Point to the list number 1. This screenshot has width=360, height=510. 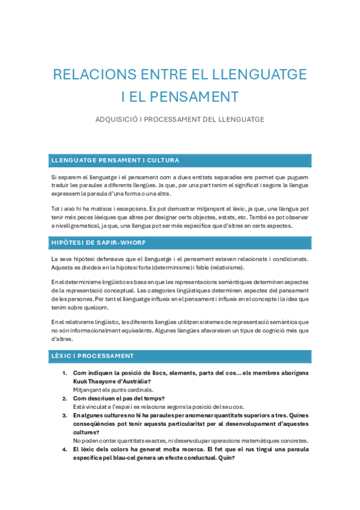click(x=65, y=373)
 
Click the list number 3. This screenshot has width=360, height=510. click(x=65, y=415)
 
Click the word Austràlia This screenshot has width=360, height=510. click(x=136, y=381)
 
